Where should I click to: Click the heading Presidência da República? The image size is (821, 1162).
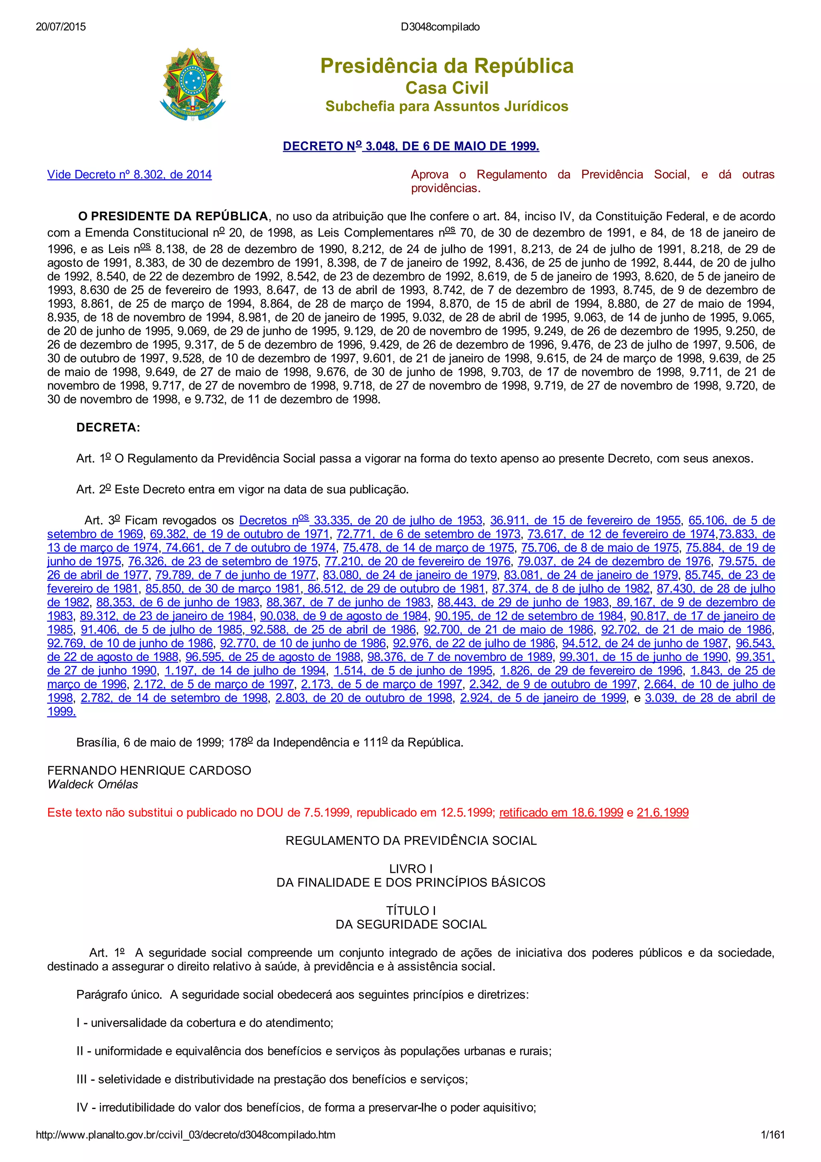point(447,66)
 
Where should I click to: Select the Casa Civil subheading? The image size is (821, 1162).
point(447,88)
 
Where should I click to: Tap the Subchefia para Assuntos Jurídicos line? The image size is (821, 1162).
point(447,106)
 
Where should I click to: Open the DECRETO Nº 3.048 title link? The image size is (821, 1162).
point(411,146)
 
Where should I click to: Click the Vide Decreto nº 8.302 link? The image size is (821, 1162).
point(129,174)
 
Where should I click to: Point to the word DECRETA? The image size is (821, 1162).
point(108,428)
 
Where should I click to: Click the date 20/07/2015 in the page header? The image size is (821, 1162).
point(61,27)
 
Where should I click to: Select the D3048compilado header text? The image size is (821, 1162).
point(440,27)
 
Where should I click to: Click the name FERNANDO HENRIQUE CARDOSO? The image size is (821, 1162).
point(149,770)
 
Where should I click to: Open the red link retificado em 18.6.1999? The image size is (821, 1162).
point(561,813)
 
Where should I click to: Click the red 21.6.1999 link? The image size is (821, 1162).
point(663,813)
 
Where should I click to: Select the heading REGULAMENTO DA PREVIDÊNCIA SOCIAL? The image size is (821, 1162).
point(411,841)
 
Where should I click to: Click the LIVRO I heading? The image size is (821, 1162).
point(411,869)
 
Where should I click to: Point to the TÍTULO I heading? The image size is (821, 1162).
point(411,911)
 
